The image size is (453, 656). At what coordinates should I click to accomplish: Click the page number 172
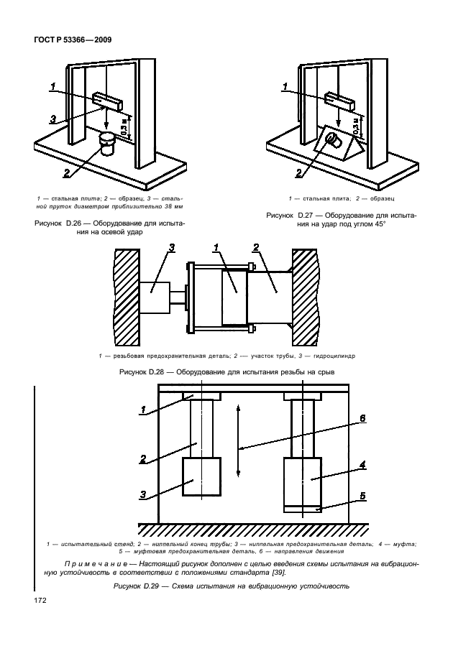[x=40, y=601]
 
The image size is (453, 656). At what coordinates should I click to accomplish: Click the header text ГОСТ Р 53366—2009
[x=72, y=40]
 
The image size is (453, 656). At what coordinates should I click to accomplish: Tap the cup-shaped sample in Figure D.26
[x=108, y=144]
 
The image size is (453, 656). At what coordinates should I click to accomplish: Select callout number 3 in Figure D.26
[x=53, y=120]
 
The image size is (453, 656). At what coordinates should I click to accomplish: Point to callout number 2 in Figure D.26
[x=67, y=172]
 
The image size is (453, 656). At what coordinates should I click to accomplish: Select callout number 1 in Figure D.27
[x=285, y=87]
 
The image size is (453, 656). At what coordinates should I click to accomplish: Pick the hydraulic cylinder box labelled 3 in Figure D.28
[x=154, y=297]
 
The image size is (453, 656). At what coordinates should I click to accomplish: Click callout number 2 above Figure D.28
[x=256, y=248]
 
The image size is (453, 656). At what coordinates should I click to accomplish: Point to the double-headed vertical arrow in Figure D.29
[x=238, y=440]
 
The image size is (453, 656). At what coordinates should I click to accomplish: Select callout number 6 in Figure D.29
[x=362, y=418]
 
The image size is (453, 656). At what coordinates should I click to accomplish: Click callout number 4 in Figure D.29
[x=362, y=464]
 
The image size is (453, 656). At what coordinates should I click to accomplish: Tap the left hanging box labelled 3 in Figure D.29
[x=202, y=476]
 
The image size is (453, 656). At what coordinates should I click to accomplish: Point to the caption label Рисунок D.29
[x=136, y=586]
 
